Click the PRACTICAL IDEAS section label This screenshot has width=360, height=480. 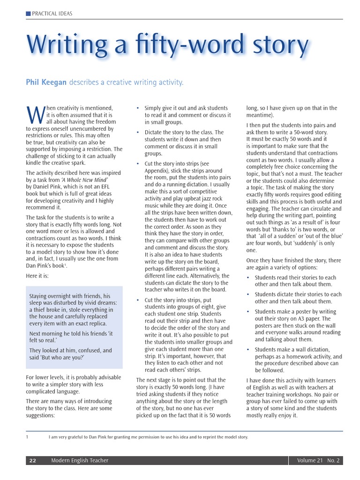point(52,14)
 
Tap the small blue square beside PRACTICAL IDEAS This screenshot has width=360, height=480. point(28,14)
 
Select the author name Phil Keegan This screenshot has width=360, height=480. point(46,82)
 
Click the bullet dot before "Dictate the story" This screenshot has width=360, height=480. point(137,133)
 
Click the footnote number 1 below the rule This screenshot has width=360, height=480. point(28,437)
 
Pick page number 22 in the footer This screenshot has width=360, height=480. point(33,461)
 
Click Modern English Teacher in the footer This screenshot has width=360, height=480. point(80,461)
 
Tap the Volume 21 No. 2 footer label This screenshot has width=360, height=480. point(318,461)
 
